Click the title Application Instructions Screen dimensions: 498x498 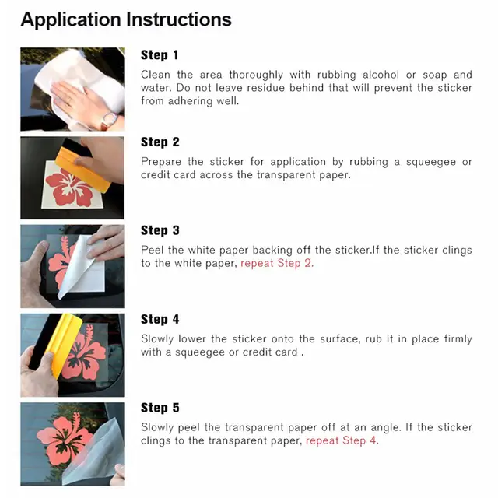tap(126, 19)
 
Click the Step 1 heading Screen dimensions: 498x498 tap(160, 55)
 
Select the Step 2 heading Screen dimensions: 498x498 tap(160, 142)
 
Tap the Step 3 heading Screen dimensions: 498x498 tap(160, 231)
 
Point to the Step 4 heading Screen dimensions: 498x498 tap(160, 320)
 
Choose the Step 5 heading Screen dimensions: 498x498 tap(160, 409)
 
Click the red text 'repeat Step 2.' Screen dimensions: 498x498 tap(277, 264)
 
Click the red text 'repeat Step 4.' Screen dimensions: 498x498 tap(342, 441)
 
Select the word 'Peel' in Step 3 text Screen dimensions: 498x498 tap(153, 251)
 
